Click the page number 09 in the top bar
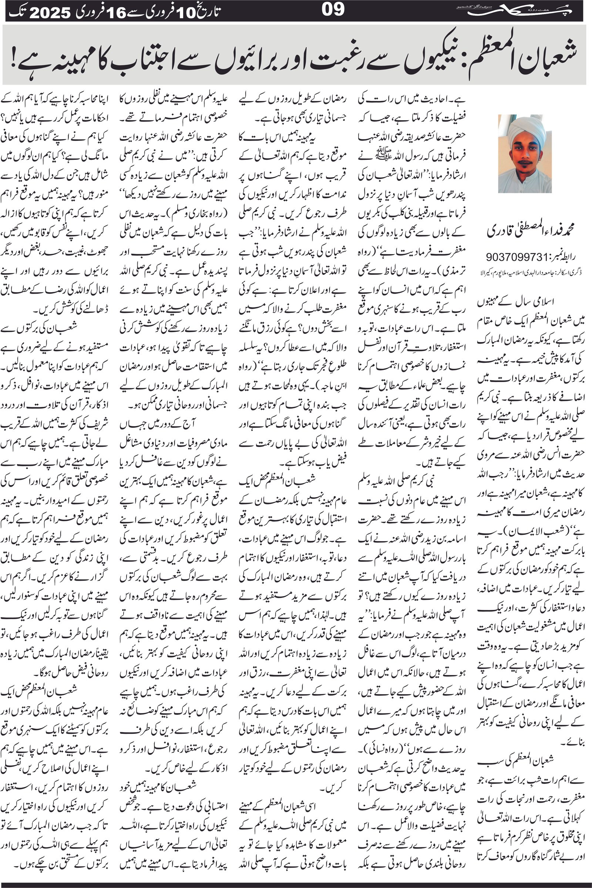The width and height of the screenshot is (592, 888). [333, 10]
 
